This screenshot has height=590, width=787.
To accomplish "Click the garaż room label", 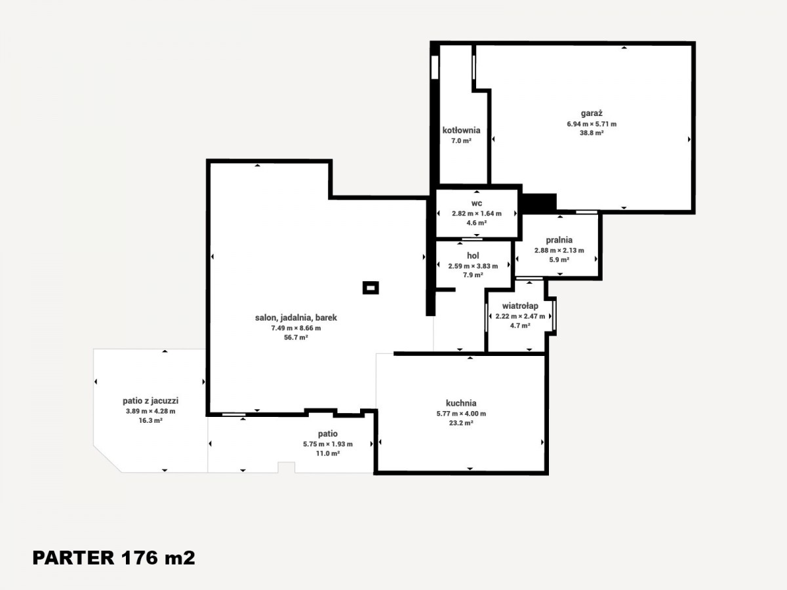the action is click(592, 113).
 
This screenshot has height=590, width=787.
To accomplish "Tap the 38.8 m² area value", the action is click(592, 133).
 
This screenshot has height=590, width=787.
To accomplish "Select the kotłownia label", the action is click(461, 130).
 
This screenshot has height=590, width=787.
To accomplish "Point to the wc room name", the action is click(477, 203).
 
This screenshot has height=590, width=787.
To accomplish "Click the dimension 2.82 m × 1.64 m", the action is click(477, 214).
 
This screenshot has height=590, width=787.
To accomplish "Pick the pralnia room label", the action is click(559, 240).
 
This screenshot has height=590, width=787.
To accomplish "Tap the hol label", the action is click(473, 256).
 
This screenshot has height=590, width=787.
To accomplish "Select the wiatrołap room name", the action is click(520, 306).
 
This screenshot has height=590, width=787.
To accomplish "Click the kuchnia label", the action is click(461, 403).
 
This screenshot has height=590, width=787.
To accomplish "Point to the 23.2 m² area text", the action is click(461, 423).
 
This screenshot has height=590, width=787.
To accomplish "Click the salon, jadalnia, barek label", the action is click(296, 318).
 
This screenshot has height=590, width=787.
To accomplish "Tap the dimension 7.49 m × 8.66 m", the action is click(296, 328).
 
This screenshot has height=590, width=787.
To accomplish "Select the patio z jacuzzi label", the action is click(151, 401).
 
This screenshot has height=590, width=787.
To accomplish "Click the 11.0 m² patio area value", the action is click(328, 454).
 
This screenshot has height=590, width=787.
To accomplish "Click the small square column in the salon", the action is click(371, 288).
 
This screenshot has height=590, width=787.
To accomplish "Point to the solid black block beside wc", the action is click(539, 203).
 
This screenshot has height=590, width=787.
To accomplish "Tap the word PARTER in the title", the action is click(73, 558).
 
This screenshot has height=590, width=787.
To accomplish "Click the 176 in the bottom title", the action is click(140, 558).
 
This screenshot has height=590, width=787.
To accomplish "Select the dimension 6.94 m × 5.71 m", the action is click(592, 125).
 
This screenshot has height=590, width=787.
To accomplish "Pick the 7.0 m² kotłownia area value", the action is click(461, 141).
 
